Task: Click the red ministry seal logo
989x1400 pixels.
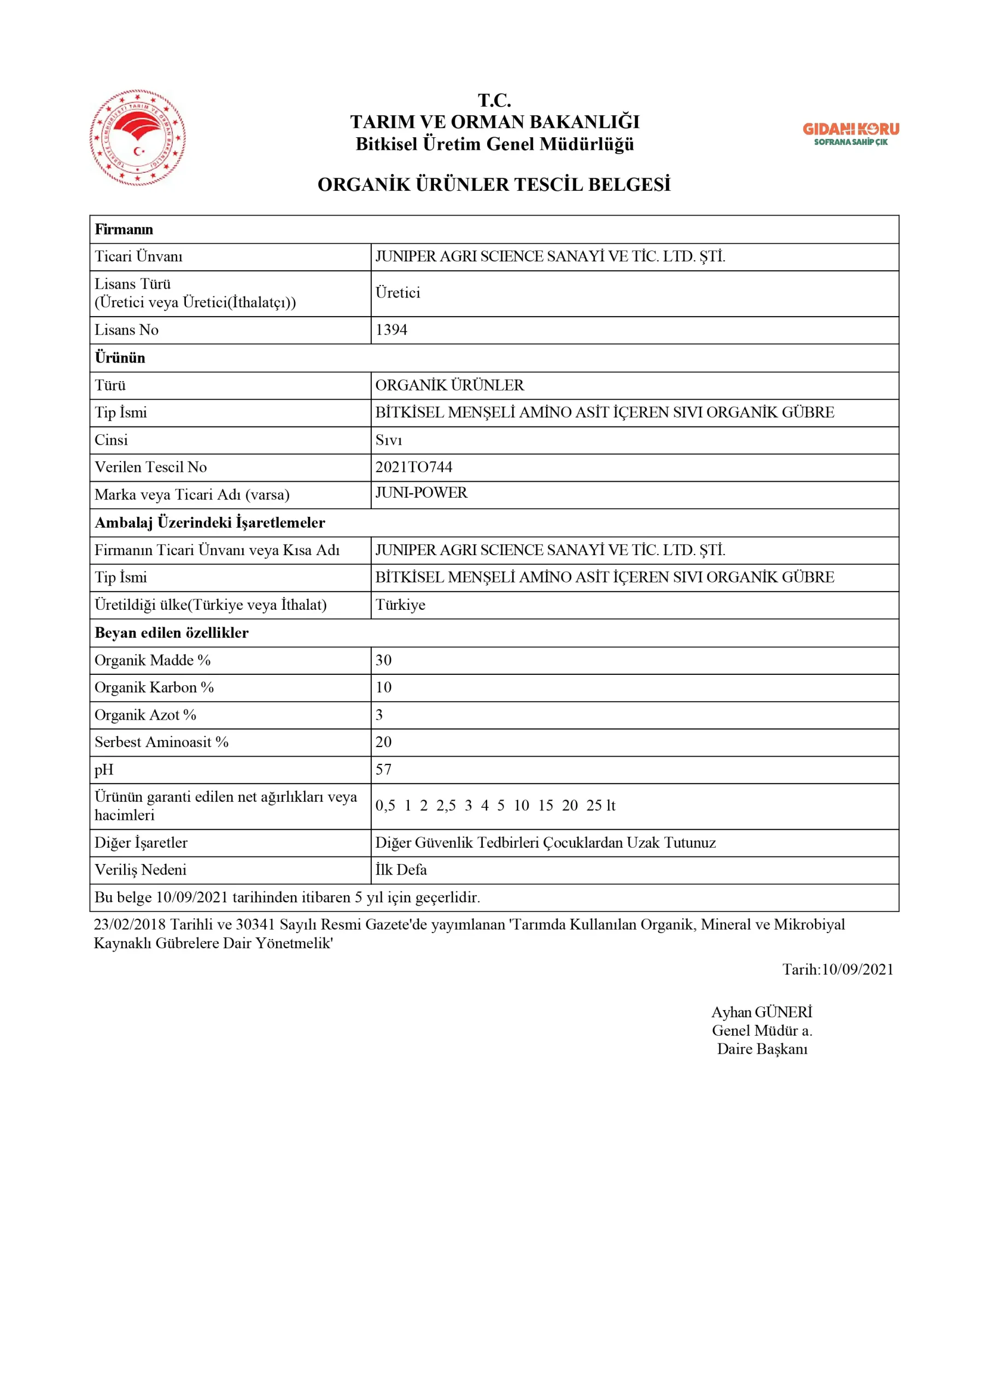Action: pyautogui.click(x=137, y=138)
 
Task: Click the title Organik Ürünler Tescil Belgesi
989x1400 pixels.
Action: pyautogui.click(x=494, y=184)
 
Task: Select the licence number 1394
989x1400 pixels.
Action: pyautogui.click(x=391, y=330)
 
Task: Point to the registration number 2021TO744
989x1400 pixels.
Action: pyautogui.click(x=413, y=467)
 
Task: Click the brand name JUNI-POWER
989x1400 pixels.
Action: pyautogui.click(x=421, y=493)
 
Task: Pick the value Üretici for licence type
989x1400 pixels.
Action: pyautogui.click(x=397, y=293)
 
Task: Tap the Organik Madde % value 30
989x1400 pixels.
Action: pyautogui.click(x=384, y=661)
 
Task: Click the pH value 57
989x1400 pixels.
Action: pyautogui.click(x=384, y=769)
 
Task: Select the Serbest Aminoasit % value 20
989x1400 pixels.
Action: pyautogui.click(x=384, y=742)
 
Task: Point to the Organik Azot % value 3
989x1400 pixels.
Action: pyautogui.click(x=379, y=715)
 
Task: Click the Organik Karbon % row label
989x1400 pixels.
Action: pyautogui.click(x=154, y=687)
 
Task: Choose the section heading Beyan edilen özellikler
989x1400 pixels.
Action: pyautogui.click(x=171, y=633)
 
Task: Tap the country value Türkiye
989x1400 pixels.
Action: pyautogui.click(x=400, y=605)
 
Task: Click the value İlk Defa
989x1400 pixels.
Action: pyautogui.click(x=401, y=870)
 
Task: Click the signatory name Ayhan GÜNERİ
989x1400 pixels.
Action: pyautogui.click(x=762, y=1012)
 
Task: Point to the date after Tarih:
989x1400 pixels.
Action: pyautogui.click(x=857, y=970)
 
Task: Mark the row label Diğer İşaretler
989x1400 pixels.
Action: pyautogui.click(x=141, y=843)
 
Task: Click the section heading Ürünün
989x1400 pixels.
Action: pyautogui.click(x=120, y=358)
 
